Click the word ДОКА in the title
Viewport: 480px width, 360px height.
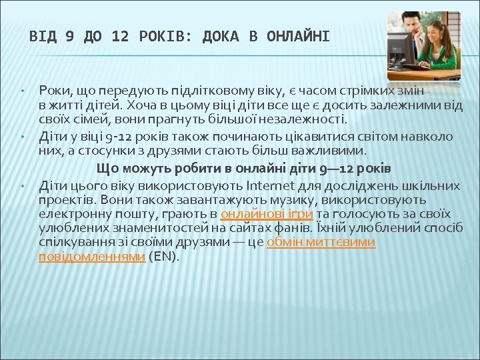219,36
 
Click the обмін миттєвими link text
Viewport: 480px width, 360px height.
321,242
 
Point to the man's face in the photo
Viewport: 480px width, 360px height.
411,25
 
